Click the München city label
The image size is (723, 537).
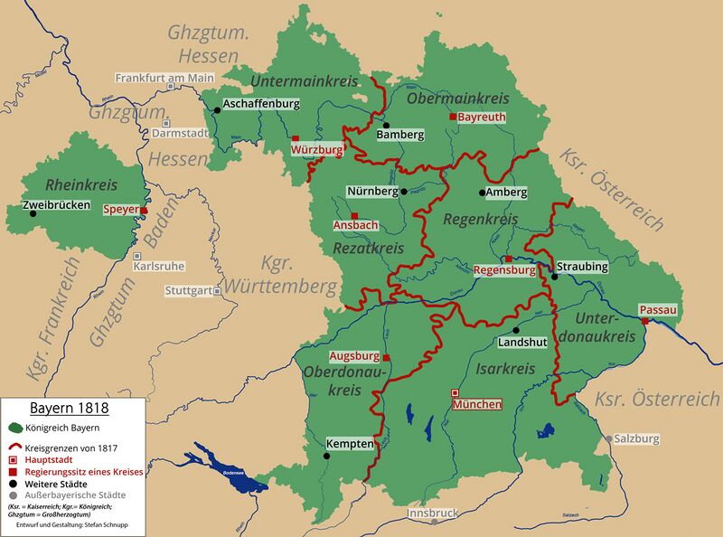pos(476,404)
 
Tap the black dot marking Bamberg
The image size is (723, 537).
pos(386,126)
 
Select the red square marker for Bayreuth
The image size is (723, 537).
pos(454,118)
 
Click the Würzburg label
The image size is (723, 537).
pos(317,148)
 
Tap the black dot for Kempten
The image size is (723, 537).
pos(327,456)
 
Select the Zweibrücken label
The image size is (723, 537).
pos(60,205)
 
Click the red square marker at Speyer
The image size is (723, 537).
pos(144,210)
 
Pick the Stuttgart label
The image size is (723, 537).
pos(188,291)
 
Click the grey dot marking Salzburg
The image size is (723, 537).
pos(608,438)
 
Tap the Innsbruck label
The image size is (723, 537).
pos(434,512)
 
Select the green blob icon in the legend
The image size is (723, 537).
pos(16,428)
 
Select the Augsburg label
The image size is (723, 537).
pos(354,356)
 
